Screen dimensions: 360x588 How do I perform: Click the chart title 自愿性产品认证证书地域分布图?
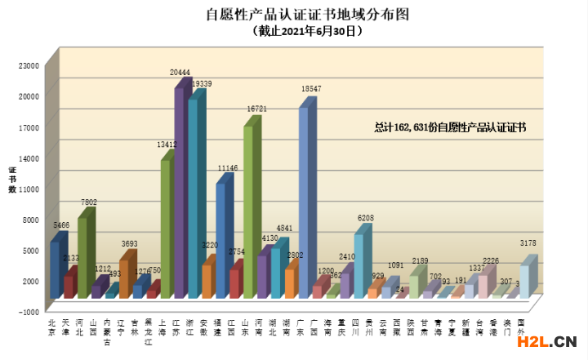pyautogui.click(x=295, y=15)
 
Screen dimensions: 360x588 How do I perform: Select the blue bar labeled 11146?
pyautogui.click(x=220, y=237)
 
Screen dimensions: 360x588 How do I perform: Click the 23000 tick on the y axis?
pyautogui.click(x=29, y=64)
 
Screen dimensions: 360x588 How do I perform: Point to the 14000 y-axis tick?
pyautogui.click(x=29, y=157)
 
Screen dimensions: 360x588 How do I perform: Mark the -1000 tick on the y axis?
pyautogui.click(x=29, y=311)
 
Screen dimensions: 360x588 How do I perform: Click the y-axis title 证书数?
pyautogui.click(x=12, y=180)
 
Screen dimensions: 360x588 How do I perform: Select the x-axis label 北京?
pyautogui.click(x=52, y=327)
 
